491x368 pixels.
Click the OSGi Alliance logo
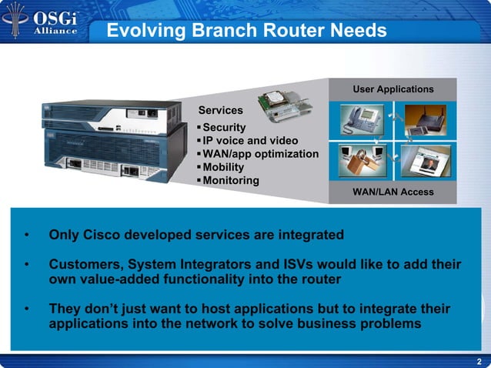pyautogui.click(x=45, y=21)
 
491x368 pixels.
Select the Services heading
pyautogui.click(x=220, y=111)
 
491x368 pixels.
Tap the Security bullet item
pyautogui.click(x=224, y=127)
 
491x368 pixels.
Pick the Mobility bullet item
pyautogui.click(x=222, y=167)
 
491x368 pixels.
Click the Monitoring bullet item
pyautogui.click(x=230, y=180)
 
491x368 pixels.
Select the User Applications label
pyautogui.click(x=392, y=89)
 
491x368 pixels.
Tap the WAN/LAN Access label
pyautogui.click(x=392, y=192)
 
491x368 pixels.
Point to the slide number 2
pyautogui.click(x=479, y=362)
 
